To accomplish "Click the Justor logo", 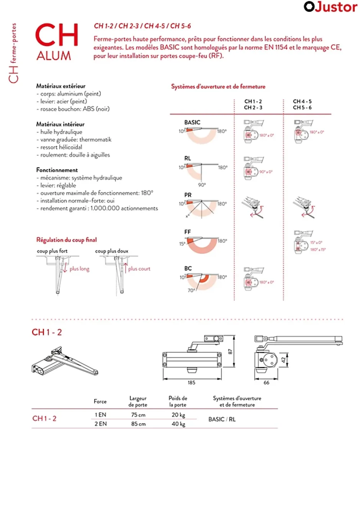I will point(330,7).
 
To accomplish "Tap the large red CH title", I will point(57,35).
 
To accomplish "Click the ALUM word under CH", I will point(54,56).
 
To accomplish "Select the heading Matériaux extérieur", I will point(61,86).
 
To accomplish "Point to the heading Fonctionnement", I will point(57,170).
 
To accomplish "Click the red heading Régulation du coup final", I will point(67,240).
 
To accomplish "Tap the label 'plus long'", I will point(79,269).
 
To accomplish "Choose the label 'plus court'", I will point(139,269).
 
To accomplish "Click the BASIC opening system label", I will point(192,123).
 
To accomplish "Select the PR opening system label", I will point(188,195).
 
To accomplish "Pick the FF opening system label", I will point(187,232).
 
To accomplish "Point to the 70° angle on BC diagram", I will point(191,291).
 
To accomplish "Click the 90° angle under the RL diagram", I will point(202,185).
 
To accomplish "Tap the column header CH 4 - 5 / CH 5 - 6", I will point(302,105).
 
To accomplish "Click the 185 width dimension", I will point(191,383).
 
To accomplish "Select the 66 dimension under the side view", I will point(266,383).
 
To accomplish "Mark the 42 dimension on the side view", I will point(283,360).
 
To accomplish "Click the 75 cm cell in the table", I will point(138,415).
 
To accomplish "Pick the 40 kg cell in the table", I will point(178,424).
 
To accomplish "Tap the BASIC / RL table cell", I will point(222,419).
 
